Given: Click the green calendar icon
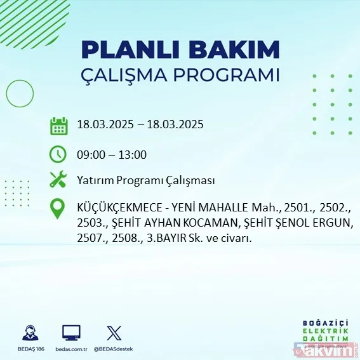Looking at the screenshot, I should coord(58,125).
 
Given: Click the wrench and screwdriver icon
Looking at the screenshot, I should coord(58,180).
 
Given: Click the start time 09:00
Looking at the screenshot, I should coord(89,154).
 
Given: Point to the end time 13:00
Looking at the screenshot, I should coord(134,154).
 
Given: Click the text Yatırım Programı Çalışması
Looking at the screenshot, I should coord(145,180).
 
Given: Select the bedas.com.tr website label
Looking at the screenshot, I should coord(71,349).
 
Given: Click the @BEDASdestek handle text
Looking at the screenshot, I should coord(115,349).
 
